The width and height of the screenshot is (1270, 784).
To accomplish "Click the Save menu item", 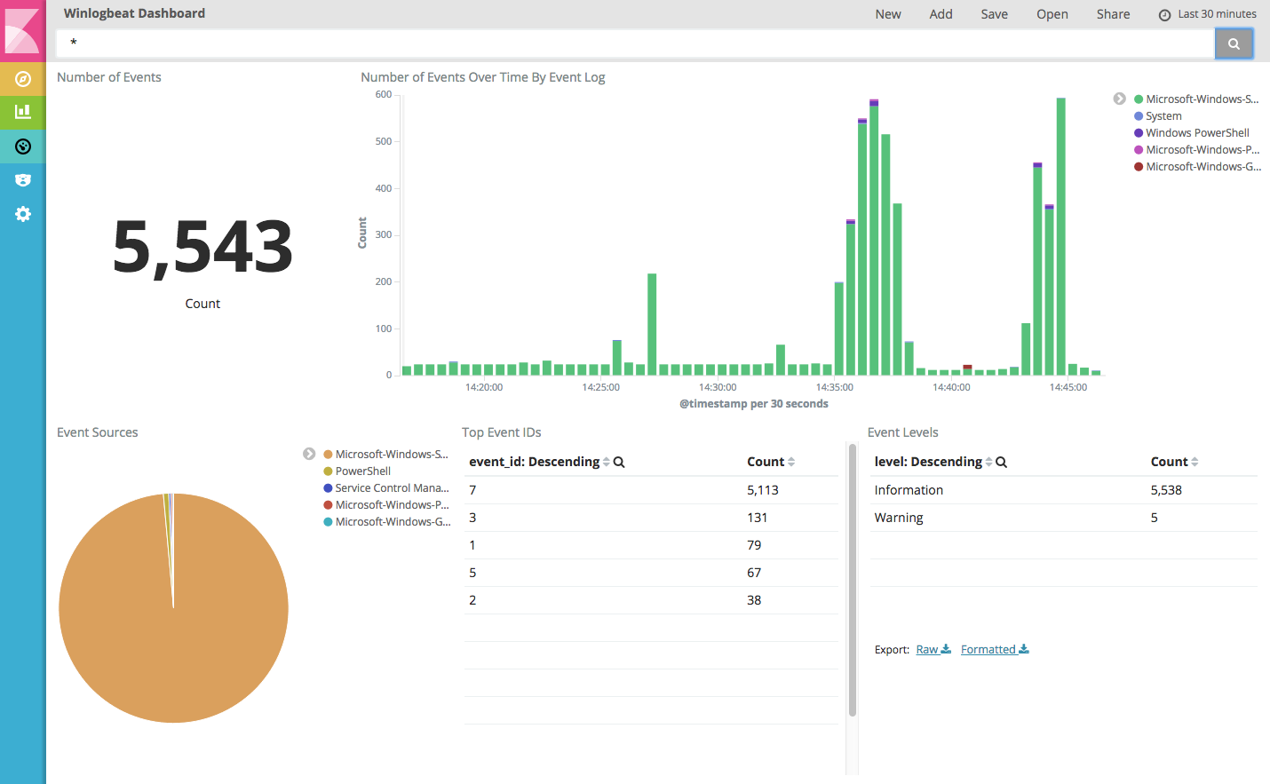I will coord(994,14).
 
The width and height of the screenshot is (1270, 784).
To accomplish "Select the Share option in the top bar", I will coord(1113,14).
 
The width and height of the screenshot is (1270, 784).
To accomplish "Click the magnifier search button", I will coord(1233,44).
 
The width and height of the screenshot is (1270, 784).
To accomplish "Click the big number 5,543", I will coord(202,248).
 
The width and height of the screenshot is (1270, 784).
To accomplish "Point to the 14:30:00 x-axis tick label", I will coord(718,387).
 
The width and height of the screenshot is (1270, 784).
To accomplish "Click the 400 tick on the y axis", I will coord(384,188).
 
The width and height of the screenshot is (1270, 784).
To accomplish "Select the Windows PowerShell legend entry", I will coord(1196,133).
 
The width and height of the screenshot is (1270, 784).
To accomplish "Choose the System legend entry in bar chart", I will coord(1163,116).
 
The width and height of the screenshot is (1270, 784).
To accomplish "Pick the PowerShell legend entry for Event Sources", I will coord(362,471).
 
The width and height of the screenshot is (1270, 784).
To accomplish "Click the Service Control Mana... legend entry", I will coord(392,488).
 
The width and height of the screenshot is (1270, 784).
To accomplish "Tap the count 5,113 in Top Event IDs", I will coord(762,490).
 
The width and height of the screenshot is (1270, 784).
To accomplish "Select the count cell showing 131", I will coord(757,518).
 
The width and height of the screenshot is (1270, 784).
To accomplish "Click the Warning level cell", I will coord(899,518).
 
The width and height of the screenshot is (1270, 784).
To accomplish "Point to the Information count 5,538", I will coord(1166,490).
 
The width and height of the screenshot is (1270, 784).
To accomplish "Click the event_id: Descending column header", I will coord(535,462).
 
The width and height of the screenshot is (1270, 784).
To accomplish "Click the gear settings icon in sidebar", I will coord(23,214).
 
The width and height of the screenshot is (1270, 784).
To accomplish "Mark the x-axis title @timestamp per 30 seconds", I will coord(753,404).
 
